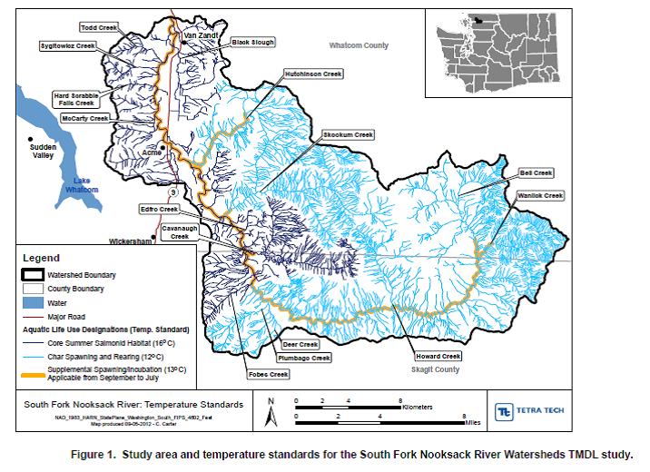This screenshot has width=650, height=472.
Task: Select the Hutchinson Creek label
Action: pos(313,74)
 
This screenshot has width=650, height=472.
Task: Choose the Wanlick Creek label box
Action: pos(540,195)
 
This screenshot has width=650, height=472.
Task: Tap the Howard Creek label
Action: pos(438,356)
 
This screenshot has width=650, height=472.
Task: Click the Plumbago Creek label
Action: pos(309,359)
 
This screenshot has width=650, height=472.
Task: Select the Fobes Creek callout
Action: pos(267,374)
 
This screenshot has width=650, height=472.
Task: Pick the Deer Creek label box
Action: pos(300,345)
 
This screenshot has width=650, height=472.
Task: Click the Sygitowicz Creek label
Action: pos(68,44)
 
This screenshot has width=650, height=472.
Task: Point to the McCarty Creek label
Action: pos(85,118)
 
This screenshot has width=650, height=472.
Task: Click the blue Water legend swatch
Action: pos(35,302)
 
